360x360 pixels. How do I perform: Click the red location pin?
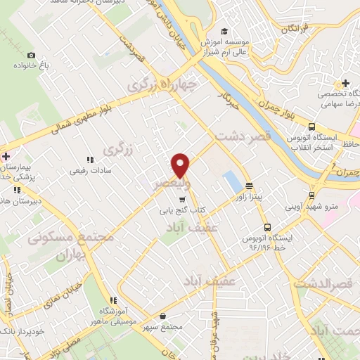pos(181,165)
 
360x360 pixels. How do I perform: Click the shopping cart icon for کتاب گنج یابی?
pos(183,200)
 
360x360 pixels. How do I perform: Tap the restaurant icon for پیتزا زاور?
pos(249,186)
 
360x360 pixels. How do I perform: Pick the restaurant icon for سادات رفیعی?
pos(89,160)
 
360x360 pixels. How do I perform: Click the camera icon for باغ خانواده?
pos(30,55)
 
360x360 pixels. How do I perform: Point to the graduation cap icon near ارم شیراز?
pos(224,31)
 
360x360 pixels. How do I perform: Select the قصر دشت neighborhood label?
pos(242,138)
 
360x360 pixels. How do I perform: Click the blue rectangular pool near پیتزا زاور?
pos(231,182)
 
